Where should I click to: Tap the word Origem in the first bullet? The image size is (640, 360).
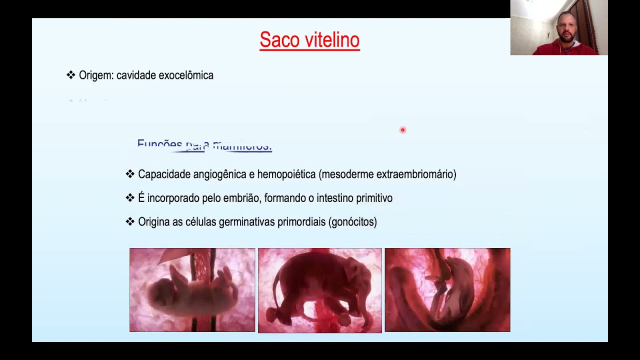click(x=96, y=75)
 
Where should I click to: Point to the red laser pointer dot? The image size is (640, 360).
click(x=402, y=130)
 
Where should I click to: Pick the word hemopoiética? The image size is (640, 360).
click(x=286, y=174)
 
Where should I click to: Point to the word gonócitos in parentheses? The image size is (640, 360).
click(x=352, y=222)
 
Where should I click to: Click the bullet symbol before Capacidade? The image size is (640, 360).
click(x=130, y=174)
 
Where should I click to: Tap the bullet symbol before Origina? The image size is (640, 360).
click(x=130, y=221)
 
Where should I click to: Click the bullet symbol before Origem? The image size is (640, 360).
click(x=71, y=75)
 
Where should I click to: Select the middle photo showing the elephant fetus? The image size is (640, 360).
click(x=320, y=290)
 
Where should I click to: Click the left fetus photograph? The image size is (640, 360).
click(x=192, y=290)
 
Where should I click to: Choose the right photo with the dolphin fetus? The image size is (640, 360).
click(x=447, y=290)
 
